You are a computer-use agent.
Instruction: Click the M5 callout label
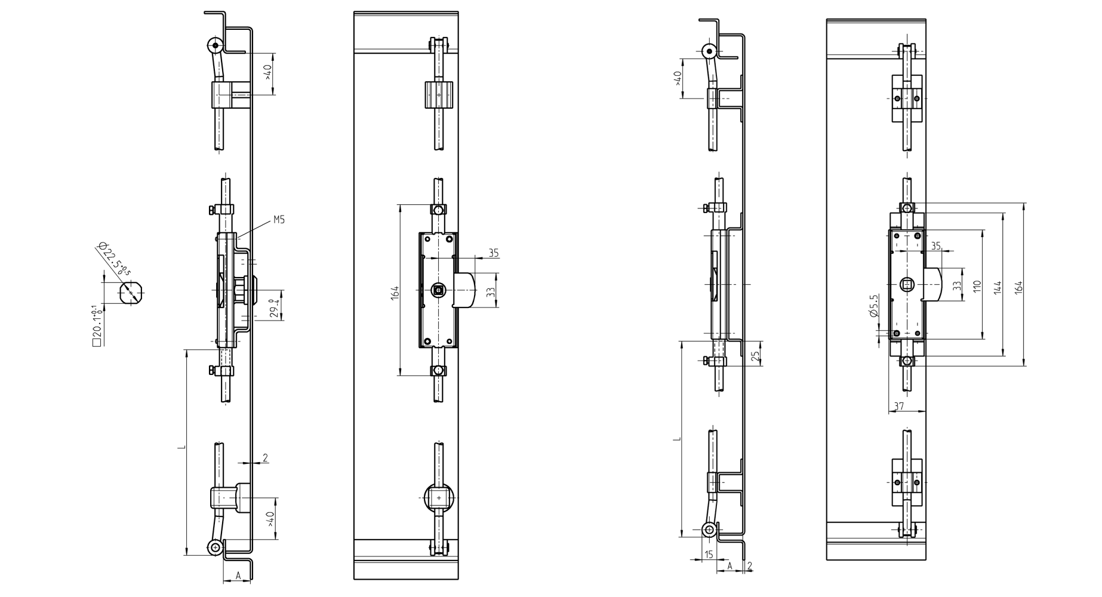(279, 220)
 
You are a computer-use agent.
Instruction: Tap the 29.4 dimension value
(275, 308)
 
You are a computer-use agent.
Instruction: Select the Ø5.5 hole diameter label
(875, 306)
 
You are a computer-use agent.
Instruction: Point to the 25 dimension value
(755, 356)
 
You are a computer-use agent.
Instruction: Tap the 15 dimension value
(708, 555)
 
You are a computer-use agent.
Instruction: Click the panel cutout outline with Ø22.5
(130, 293)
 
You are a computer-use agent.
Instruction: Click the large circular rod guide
(439, 497)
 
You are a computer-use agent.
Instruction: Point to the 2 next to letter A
(750, 565)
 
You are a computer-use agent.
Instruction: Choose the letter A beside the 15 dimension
(729, 565)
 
